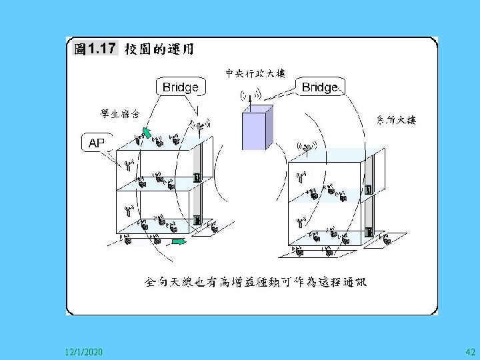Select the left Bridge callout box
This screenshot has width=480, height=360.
(x=180, y=87)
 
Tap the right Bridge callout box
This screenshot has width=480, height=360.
(x=320, y=87)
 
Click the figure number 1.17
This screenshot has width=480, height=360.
(x=103, y=49)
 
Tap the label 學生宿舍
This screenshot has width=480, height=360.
(x=119, y=113)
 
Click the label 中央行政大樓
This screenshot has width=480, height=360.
(x=256, y=73)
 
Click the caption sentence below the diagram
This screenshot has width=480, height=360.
(x=256, y=281)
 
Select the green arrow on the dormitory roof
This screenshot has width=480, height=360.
(x=146, y=131)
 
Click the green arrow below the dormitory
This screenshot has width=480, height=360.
(x=177, y=241)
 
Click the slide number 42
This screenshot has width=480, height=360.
(x=469, y=351)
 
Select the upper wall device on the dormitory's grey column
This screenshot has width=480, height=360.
(x=197, y=177)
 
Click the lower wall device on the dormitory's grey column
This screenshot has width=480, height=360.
(x=197, y=219)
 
